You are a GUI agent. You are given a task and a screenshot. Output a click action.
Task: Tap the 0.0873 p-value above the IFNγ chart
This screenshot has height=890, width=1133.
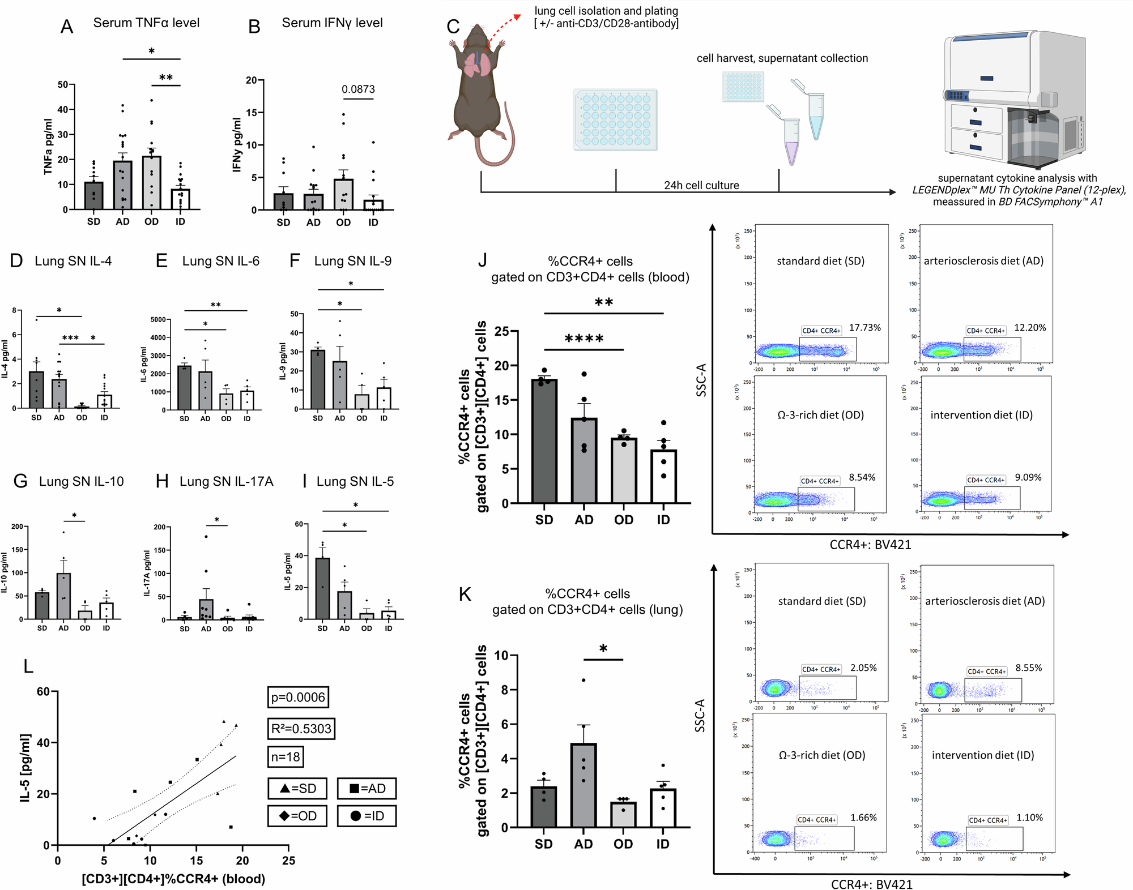click(x=358, y=89)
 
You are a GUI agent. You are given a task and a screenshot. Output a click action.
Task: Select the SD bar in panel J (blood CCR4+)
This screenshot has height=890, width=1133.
click(x=544, y=442)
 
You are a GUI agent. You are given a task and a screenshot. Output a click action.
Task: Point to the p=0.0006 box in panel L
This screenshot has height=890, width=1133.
click(x=298, y=698)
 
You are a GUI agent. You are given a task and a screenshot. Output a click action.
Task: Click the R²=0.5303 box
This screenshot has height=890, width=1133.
click(x=301, y=729)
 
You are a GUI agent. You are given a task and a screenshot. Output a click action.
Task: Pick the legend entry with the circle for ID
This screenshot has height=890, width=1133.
click(x=367, y=816)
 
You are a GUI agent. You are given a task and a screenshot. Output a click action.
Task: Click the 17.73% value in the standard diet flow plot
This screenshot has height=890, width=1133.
click(x=864, y=328)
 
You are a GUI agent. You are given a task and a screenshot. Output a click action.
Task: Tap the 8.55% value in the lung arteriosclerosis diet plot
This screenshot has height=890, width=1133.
click(x=1028, y=668)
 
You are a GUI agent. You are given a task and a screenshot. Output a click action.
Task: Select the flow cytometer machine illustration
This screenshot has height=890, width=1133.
click(x=1014, y=96)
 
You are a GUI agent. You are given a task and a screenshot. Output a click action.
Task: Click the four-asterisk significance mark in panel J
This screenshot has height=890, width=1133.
click(x=584, y=339)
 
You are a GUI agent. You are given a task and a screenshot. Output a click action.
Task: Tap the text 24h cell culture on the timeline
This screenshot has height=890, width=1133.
click(x=701, y=185)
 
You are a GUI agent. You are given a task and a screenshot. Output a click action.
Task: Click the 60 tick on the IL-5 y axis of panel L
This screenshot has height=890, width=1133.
click(x=43, y=692)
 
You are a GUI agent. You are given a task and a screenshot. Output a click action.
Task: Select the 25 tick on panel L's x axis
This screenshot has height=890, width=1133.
click(x=288, y=861)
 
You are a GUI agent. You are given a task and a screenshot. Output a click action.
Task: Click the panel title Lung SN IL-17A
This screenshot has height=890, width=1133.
click(x=226, y=481)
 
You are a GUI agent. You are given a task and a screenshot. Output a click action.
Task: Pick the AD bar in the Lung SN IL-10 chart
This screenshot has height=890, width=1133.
click(x=63, y=596)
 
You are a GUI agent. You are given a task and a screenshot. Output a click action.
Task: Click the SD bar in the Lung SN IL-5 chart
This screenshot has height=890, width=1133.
click(x=322, y=589)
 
